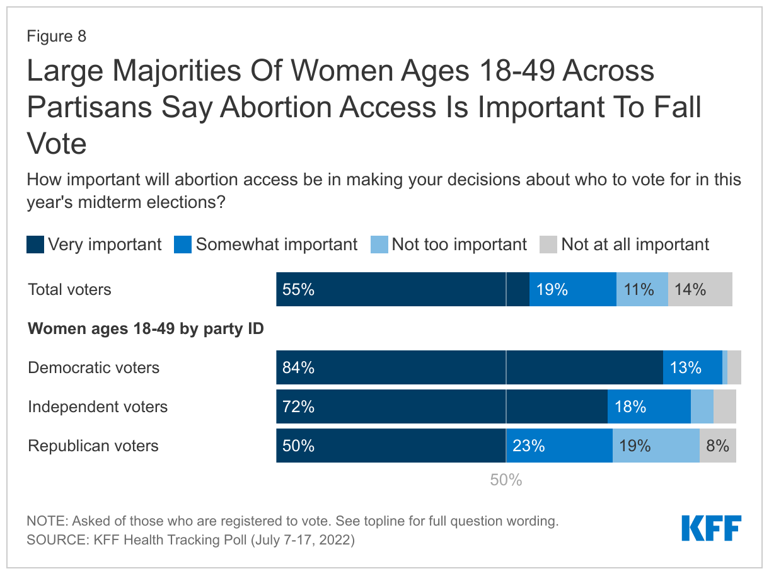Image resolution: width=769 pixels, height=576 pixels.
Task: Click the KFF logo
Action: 711,528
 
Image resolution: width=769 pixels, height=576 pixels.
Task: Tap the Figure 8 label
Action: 56,37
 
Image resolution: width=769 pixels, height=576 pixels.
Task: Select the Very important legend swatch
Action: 35,245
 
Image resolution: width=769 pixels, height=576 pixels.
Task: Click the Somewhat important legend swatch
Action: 183,245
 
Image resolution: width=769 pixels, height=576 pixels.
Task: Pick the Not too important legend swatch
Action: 379,245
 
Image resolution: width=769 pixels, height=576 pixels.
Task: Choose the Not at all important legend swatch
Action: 548,245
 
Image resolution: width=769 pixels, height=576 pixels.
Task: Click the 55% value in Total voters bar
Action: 299,290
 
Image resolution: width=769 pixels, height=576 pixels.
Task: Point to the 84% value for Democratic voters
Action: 299,368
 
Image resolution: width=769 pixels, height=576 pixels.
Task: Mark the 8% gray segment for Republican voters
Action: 718,446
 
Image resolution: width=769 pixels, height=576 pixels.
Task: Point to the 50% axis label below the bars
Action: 506,480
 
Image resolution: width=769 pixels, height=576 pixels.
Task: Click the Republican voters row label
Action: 93,446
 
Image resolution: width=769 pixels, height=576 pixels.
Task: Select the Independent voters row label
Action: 98,407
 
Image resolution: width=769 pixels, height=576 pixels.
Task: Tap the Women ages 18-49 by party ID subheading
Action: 146,329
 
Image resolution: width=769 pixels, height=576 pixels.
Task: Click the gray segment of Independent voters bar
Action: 725,407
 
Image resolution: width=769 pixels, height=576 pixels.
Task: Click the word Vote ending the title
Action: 57,144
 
